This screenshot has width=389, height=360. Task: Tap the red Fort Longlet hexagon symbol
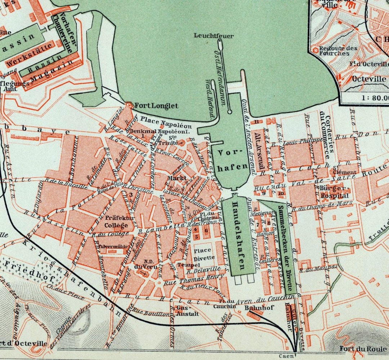tap(129, 105)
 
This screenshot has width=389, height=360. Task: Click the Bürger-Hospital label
tap(335, 192)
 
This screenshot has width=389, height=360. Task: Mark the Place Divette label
tap(205, 254)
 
